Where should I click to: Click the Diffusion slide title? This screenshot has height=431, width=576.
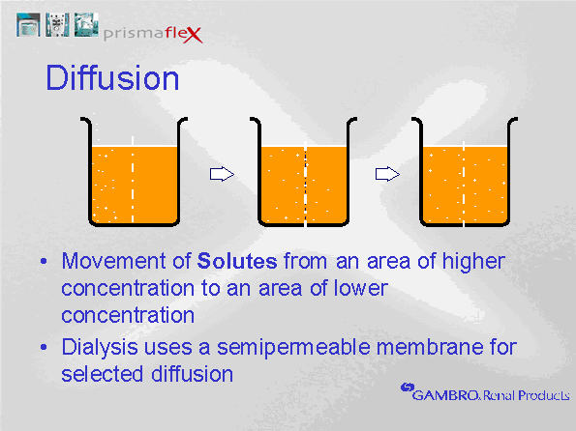pos(112,77)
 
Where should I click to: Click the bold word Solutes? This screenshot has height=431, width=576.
pos(237,261)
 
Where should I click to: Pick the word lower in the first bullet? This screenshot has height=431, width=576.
pos(360,288)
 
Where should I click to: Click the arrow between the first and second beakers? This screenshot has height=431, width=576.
pos(222,174)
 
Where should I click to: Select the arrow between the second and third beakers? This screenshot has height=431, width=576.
pos(387,174)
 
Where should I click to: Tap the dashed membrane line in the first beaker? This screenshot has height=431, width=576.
pos(133,180)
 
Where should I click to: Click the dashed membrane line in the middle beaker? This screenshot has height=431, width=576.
pos(305,185)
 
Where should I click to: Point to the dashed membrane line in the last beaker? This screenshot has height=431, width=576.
pos(464,185)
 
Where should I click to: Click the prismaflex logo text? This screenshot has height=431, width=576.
pos(153,34)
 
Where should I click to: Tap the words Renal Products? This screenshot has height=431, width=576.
pos(526,395)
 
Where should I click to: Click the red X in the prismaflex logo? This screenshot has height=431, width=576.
pos(193,35)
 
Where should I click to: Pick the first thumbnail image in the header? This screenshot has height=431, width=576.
pos(28,25)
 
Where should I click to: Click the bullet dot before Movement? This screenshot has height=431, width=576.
pos(44,262)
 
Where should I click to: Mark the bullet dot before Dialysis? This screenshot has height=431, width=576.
pos(44,347)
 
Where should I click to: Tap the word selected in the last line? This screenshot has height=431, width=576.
pos(102,374)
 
